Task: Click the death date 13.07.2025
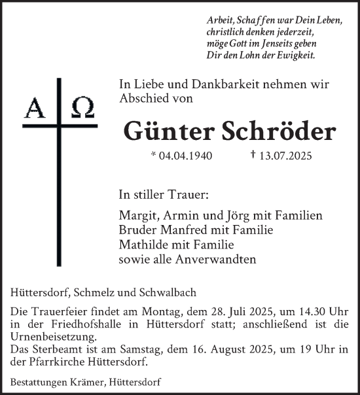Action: pos(286,156)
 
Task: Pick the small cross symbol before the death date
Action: pos(253,156)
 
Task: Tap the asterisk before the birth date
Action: pos(153,156)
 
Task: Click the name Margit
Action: pos(137,216)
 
